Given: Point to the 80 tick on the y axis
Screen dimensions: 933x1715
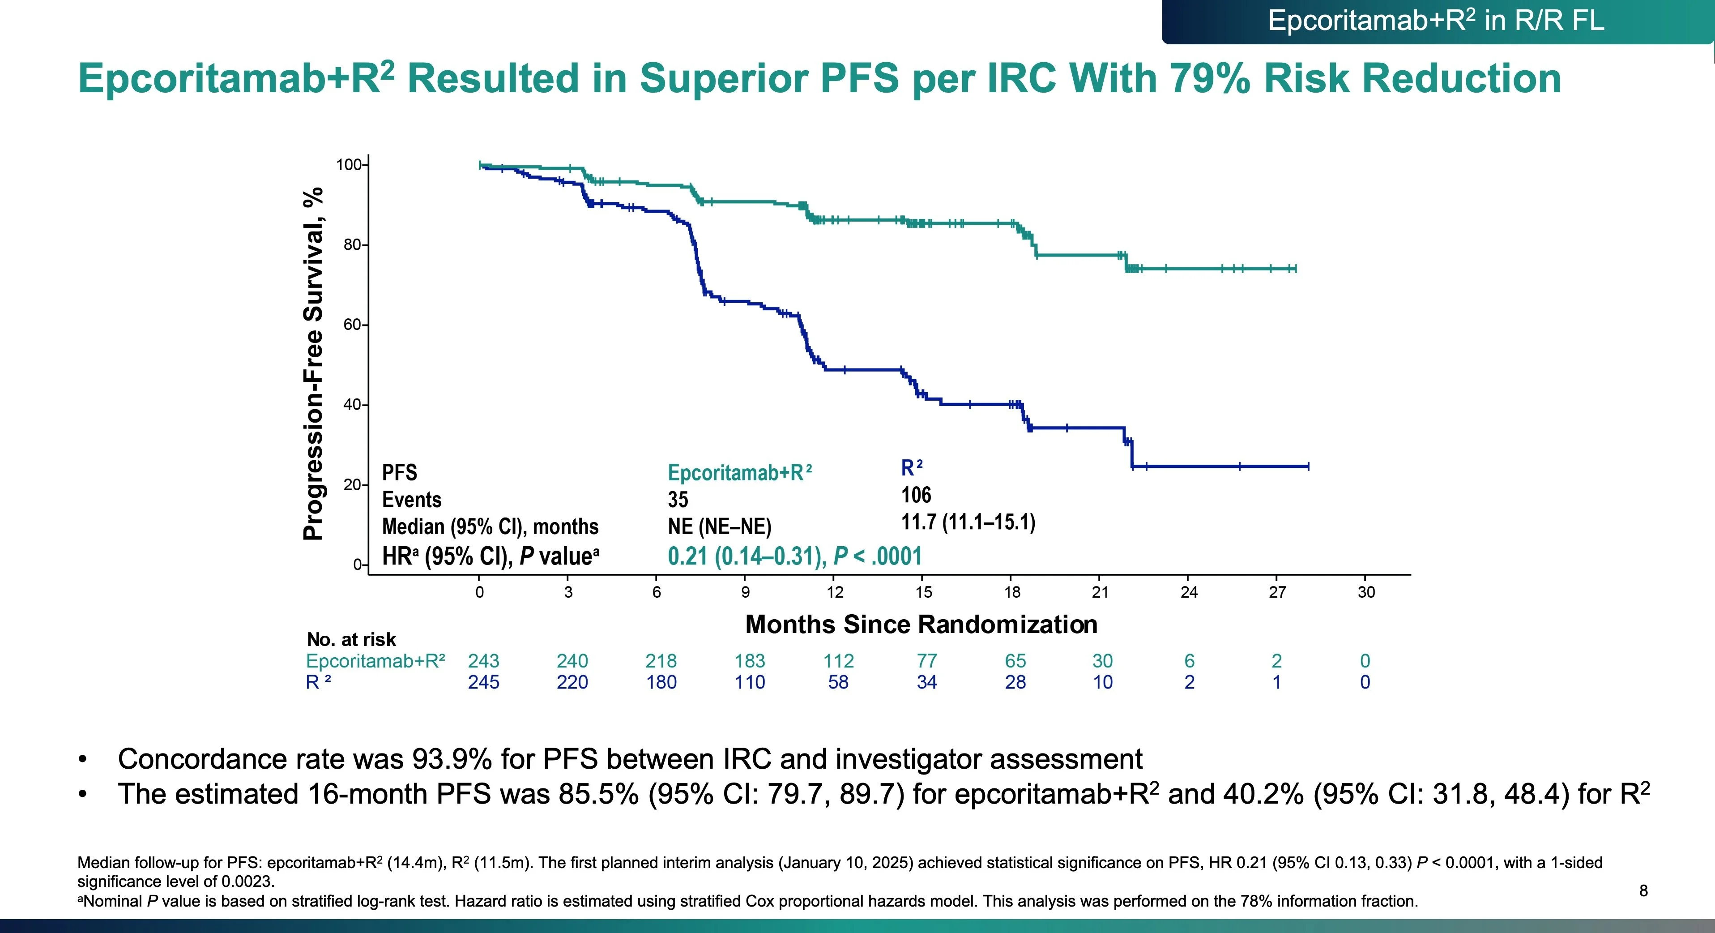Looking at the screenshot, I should (x=352, y=245).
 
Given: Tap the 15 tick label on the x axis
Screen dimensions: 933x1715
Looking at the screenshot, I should (x=923, y=592).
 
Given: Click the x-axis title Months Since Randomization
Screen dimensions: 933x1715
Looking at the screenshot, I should (x=921, y=624).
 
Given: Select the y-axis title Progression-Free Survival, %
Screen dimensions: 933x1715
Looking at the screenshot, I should (x=313, y=364).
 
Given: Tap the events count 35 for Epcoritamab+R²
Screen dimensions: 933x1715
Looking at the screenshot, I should (x=678, y=500).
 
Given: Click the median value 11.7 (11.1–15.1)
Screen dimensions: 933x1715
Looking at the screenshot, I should (x=968, y=522).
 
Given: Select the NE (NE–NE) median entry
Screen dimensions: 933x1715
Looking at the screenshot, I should (x=719, y=527).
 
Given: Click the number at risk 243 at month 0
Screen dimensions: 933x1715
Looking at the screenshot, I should (x=483, y=661).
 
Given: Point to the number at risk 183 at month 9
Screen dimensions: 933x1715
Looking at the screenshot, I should (x=750, y=661).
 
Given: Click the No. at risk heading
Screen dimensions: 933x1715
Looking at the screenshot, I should (x=351, y=639).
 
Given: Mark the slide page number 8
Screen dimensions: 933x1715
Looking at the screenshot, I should (x=1643, y=890).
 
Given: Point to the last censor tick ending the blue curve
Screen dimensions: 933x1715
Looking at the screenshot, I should (x=1308, y=466).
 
